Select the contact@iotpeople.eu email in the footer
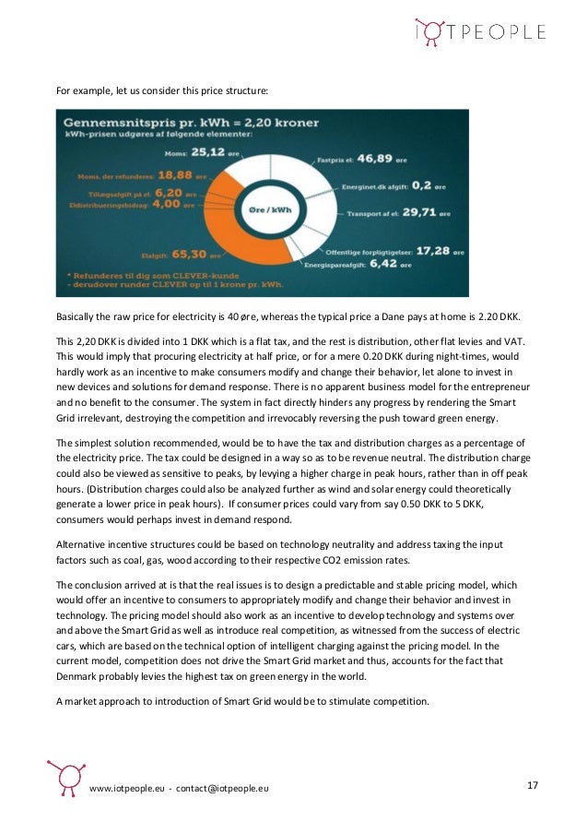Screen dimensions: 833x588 224,790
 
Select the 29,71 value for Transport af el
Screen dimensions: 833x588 411,212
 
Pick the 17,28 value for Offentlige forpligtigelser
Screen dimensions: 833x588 429,250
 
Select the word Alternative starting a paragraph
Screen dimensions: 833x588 80,543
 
